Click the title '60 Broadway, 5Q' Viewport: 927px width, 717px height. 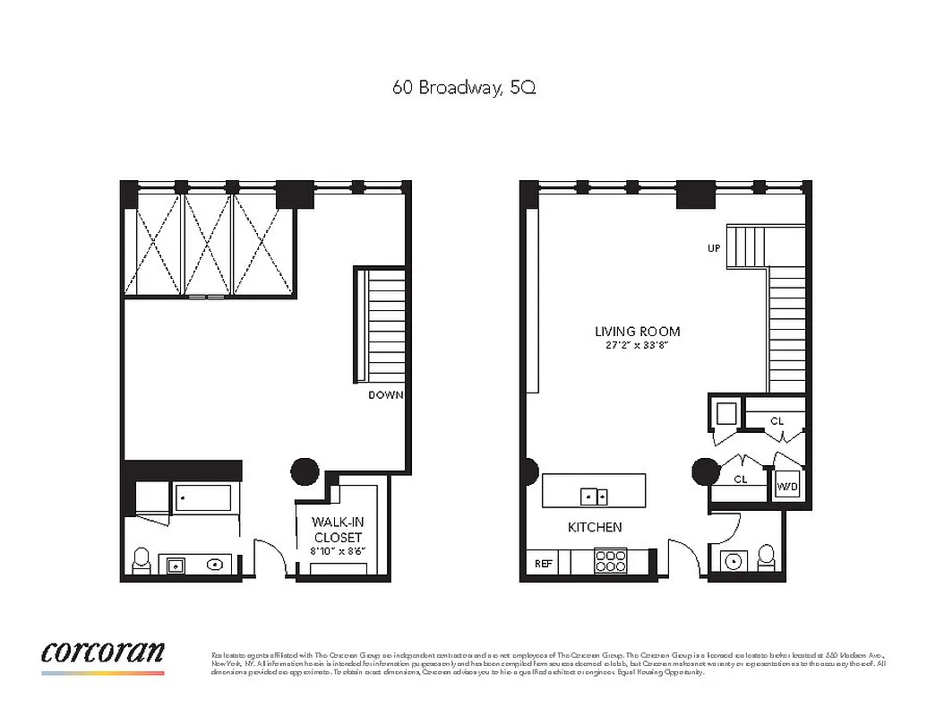coord(464,88)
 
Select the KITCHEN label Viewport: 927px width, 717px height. coord(595,527)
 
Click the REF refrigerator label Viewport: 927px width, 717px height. coord(543,564)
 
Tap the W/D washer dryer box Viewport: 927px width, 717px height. coord(787,485)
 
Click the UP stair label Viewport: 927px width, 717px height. coord(714,248)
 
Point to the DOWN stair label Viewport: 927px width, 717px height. coord(386,394)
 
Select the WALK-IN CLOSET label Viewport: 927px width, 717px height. coord(337,530)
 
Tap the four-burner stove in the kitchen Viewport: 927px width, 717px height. coord(610,561)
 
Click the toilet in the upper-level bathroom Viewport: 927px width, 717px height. coord(142,560)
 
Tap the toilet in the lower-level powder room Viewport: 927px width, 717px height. coord(767,556)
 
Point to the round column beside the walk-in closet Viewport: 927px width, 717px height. coord(305,471)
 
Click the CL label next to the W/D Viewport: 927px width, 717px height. coord(741,479)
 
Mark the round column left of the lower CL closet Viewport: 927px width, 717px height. coord(706,471)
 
